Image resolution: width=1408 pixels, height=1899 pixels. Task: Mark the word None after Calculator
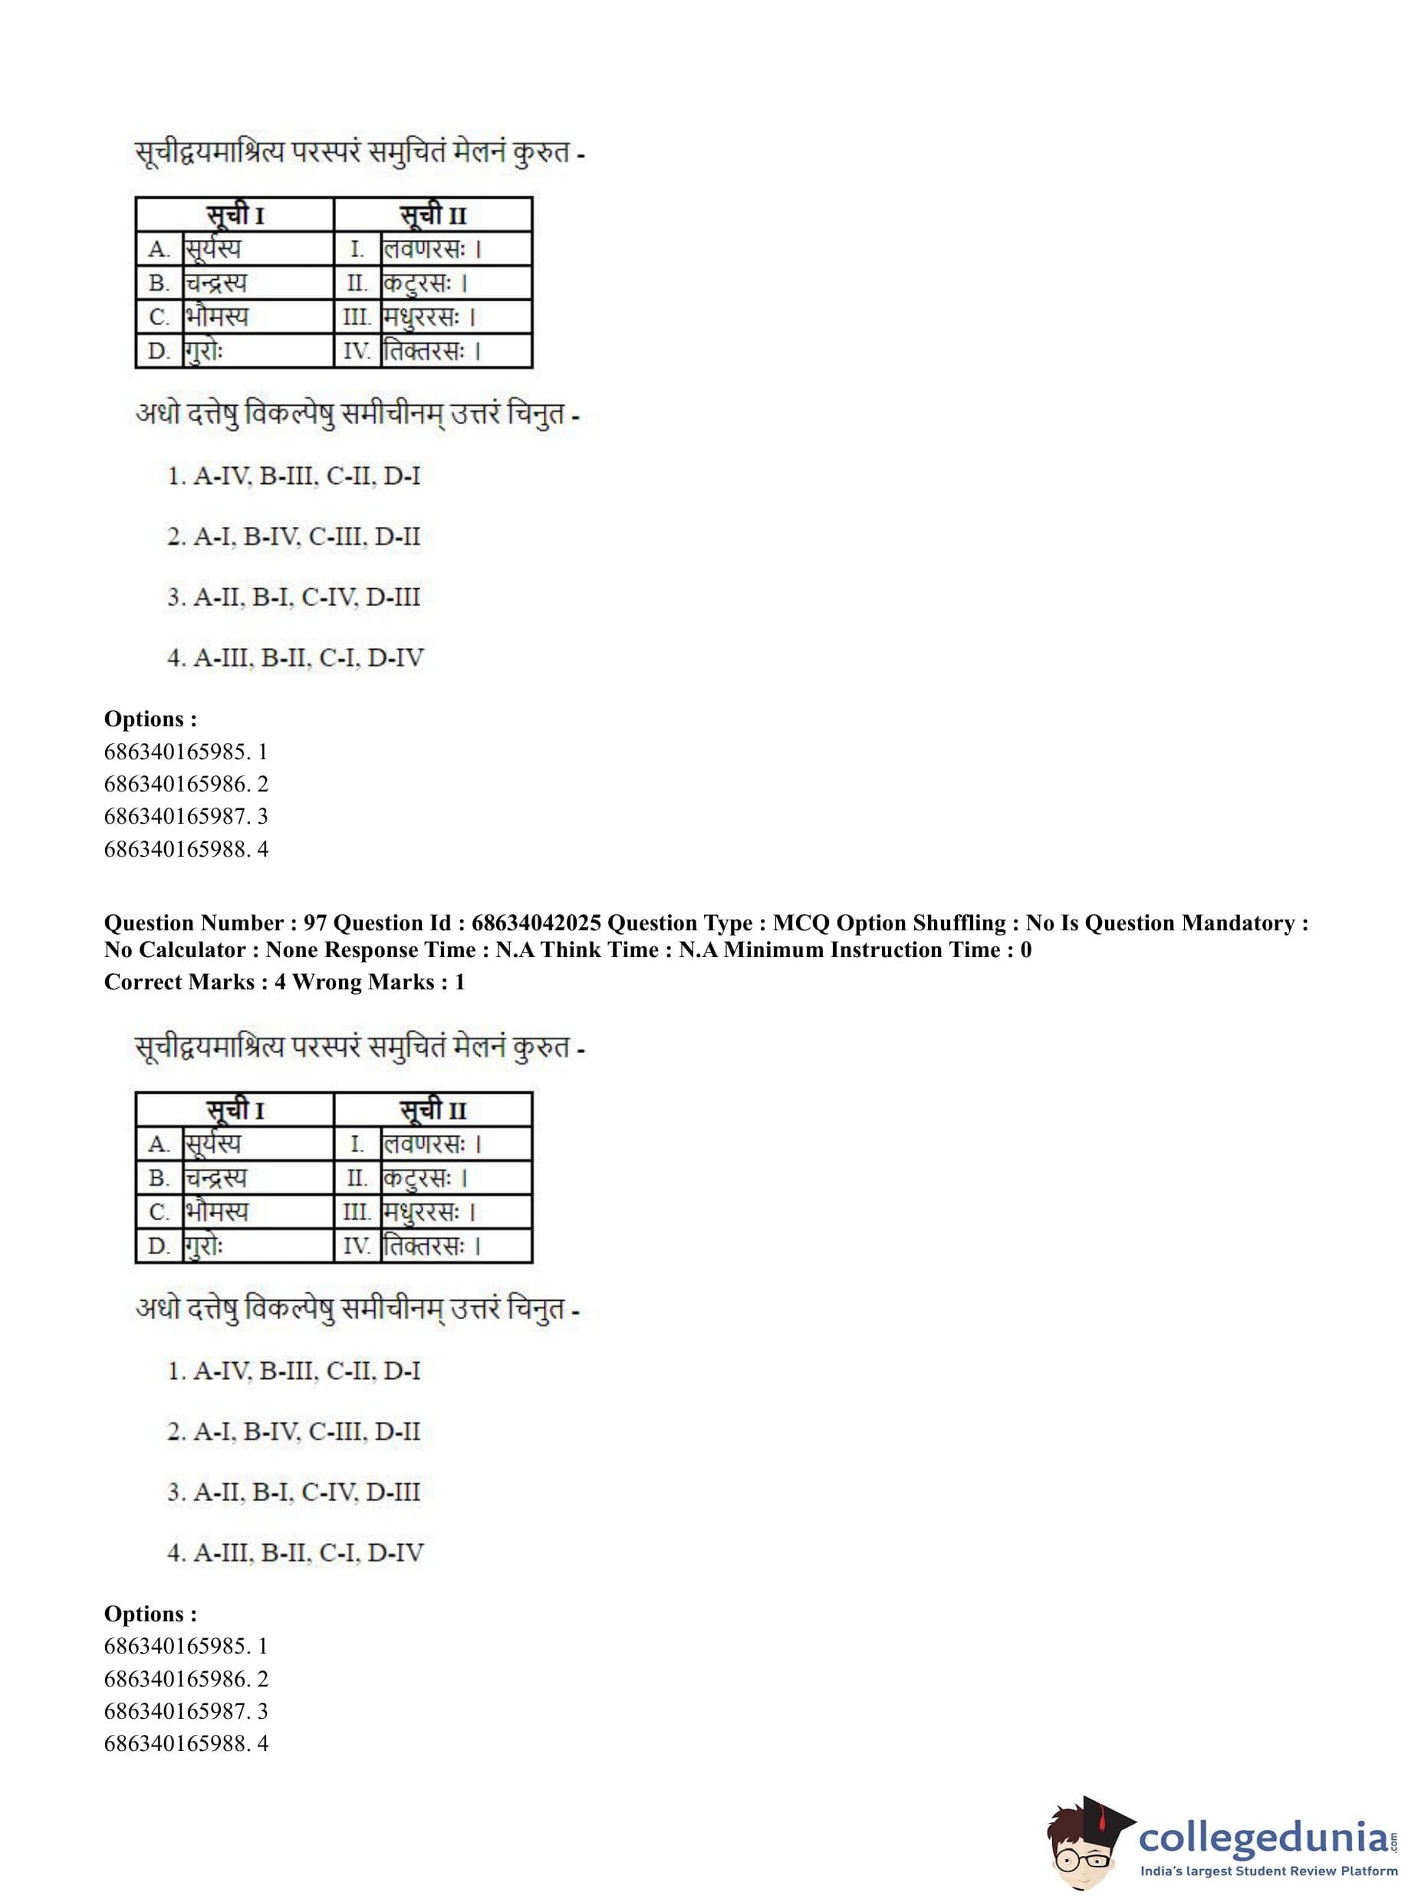[293, 949]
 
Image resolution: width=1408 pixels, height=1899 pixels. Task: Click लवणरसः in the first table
[423, 250]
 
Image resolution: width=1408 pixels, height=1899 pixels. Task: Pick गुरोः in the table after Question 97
[205, 1246]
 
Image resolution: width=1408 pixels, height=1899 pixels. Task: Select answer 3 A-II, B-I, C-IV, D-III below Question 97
[294, 1492]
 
